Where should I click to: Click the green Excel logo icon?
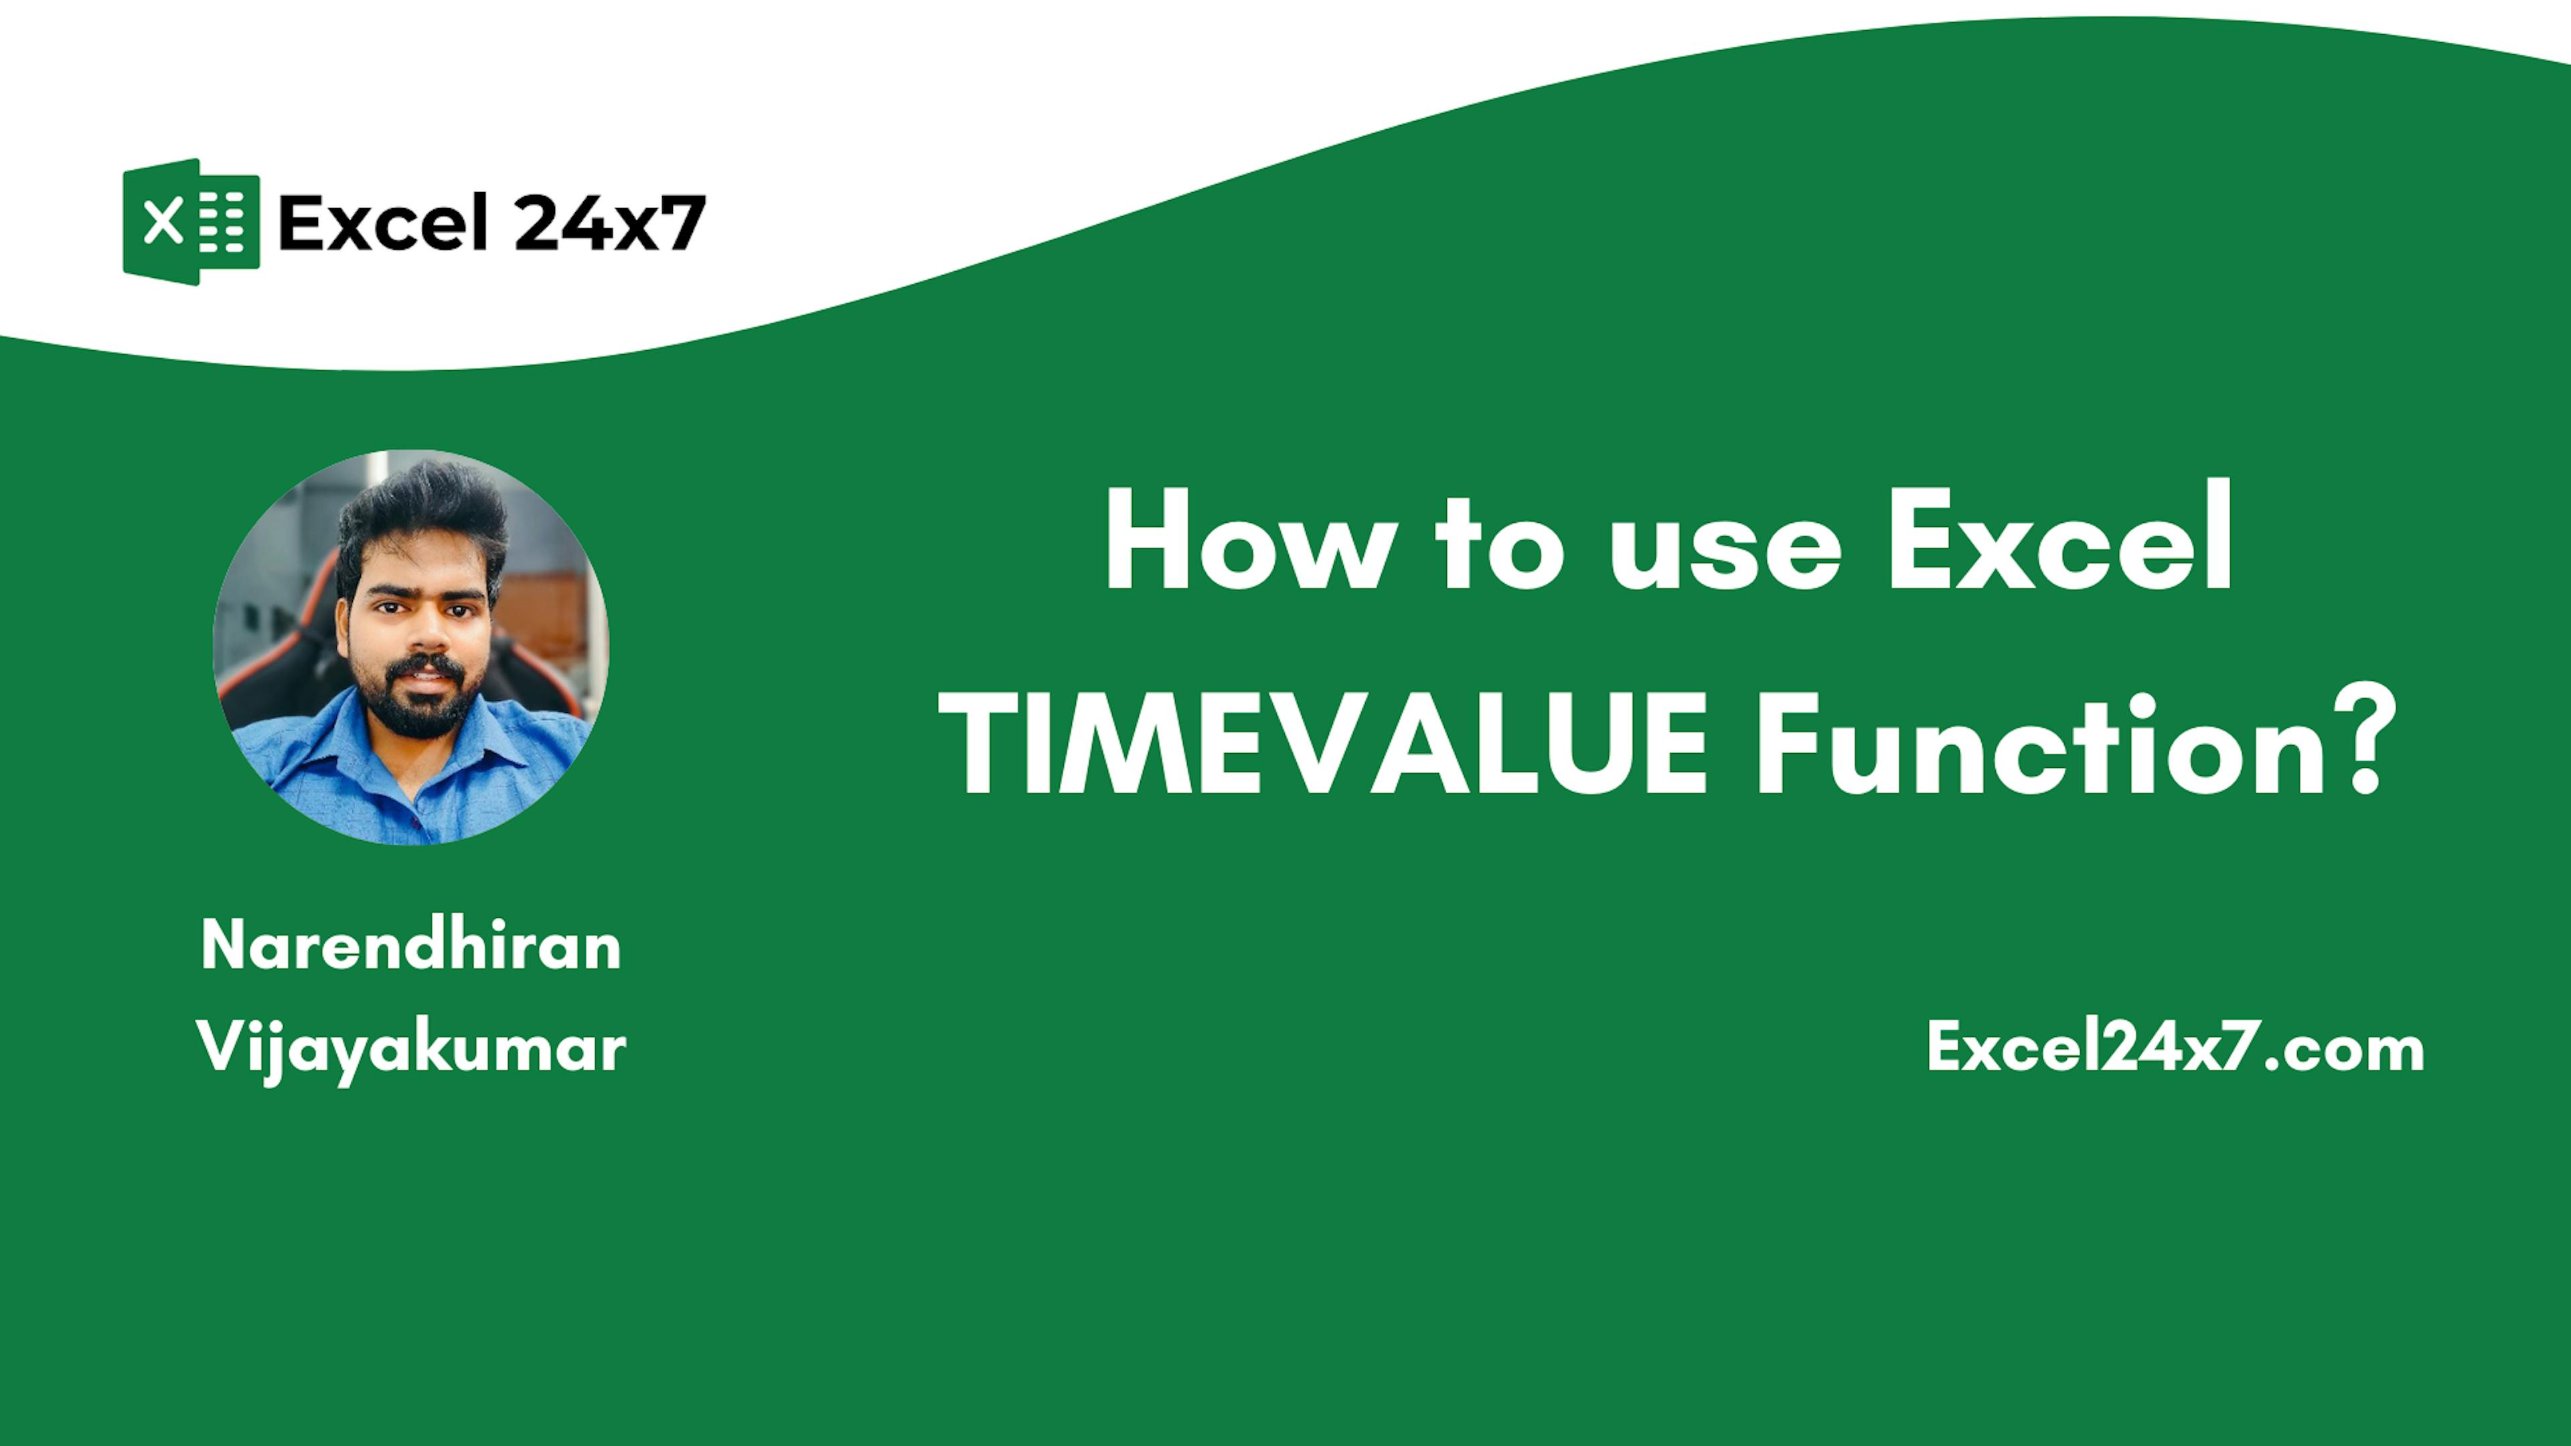tap(191, 222)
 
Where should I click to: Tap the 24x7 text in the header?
tap(611, 222)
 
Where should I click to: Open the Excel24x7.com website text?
tap(2176, 1048)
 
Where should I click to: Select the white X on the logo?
tap(163, 222)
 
